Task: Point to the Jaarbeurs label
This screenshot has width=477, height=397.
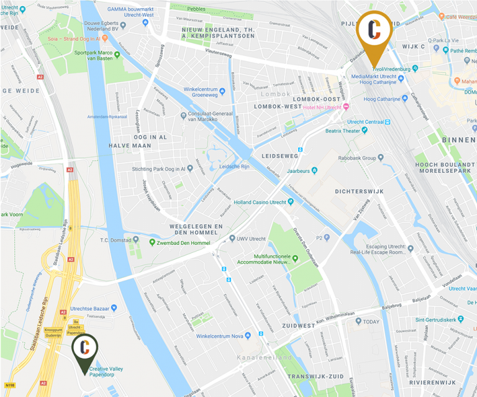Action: point(296,171)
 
